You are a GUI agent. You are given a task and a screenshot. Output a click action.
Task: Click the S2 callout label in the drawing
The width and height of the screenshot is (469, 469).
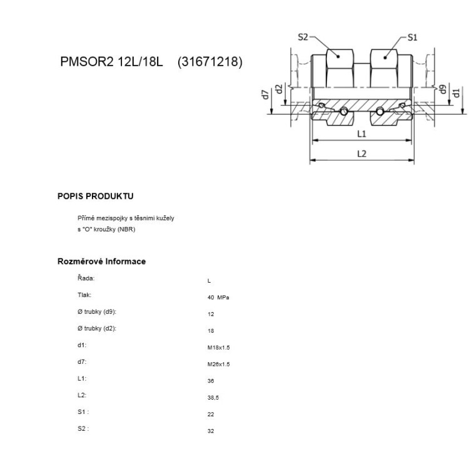click(x=303, y=38)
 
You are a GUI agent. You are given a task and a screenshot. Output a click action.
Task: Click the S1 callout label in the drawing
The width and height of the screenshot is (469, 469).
click(x=412, y=38)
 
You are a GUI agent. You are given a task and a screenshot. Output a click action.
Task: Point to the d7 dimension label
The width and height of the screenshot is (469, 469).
click(x=265, y=95)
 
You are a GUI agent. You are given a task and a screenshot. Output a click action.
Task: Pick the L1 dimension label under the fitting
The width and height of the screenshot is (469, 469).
click(x=361, y=134)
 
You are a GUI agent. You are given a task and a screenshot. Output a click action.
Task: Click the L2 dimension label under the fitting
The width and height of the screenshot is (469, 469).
click(x=361, y=154)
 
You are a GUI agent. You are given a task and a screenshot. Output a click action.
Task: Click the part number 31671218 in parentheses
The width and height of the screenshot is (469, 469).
click(x=210, y=63)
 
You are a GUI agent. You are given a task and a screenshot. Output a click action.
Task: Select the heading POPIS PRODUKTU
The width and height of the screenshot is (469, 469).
click(x=96, y=196)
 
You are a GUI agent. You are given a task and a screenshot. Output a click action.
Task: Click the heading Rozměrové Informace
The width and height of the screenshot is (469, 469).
click(x=101, y=261)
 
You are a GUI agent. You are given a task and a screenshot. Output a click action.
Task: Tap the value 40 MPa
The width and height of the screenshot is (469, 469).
click(x=218, y=298)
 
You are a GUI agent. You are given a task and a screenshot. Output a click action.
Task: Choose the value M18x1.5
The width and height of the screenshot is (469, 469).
click(x=218, y=347)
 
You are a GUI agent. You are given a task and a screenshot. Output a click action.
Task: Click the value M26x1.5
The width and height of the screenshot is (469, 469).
click(x=218, y=364)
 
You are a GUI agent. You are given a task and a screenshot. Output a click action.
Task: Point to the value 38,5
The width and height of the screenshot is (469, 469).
click(x=213, y=397)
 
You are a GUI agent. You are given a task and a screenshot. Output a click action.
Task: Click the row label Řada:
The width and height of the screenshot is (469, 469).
click(x=86, y=278)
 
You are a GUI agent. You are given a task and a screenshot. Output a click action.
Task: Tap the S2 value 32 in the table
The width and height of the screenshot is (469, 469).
click(x=210, y=431)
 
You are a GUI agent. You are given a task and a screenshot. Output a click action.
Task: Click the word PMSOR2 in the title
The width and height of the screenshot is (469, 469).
click(x=82, y=63)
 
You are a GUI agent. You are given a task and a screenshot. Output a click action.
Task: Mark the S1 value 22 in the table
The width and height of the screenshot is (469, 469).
click(x=210, y=414)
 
